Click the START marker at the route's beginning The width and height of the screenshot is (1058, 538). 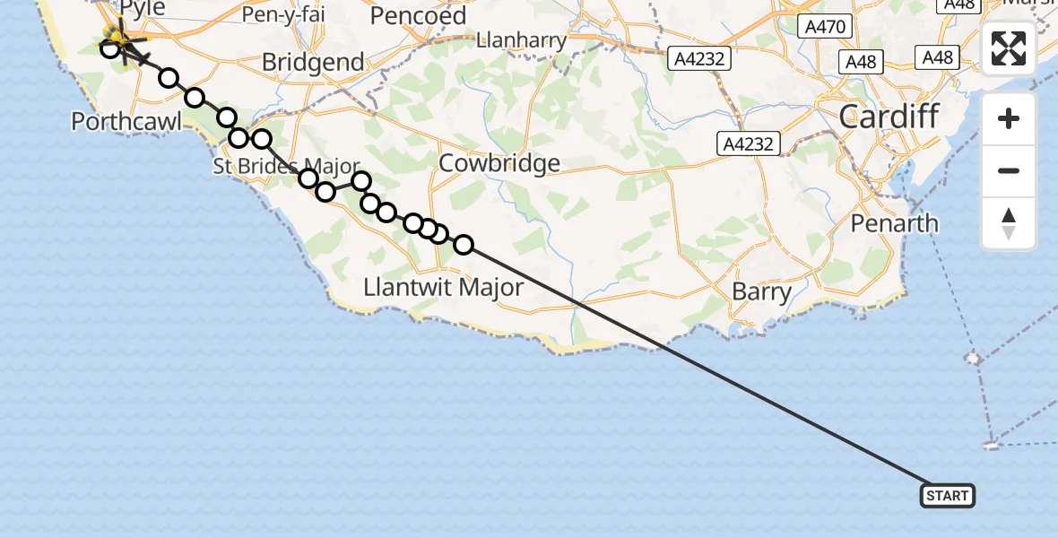tap(947, 495)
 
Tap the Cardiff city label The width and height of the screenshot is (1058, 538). tap(889, 116)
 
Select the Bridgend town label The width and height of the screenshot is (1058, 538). tap(313, 63)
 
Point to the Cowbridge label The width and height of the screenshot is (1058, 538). tap(500, 163)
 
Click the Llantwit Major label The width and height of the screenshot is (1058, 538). tap(443, 287)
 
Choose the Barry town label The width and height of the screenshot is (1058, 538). tap(761, 291)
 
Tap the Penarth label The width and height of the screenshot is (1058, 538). tap(895, 222)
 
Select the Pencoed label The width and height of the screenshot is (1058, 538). tap(418, 15)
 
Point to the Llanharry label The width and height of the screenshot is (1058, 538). tap(521, 40)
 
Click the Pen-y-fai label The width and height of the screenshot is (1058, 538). tap(282, 14)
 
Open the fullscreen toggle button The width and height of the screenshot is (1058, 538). tap(1009, 48)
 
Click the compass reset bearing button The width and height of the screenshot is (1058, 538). tap(1009, 223)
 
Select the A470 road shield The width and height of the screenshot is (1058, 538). tap(824, 27)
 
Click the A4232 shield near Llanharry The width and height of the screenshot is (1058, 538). tap(699, 59)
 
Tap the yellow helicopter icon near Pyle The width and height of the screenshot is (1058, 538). tap(116, 37)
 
